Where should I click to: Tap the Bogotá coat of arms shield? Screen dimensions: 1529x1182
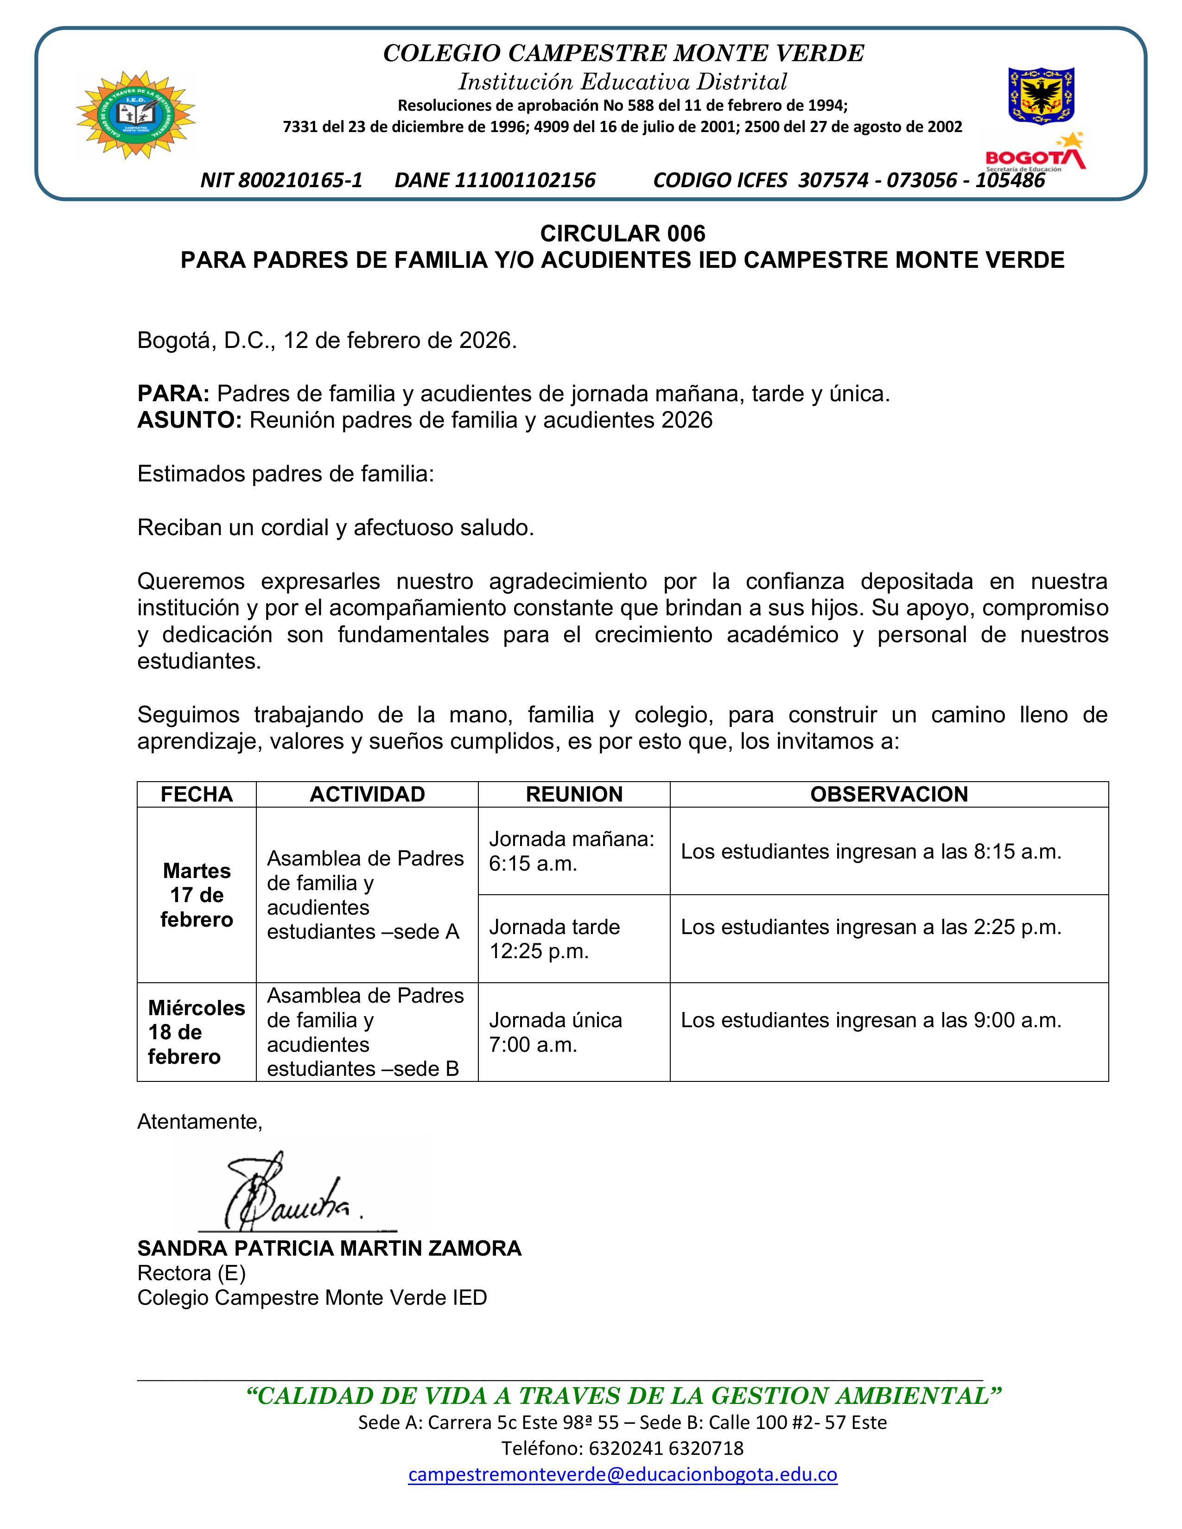(1041, 95)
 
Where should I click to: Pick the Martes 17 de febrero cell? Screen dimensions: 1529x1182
(196, 895)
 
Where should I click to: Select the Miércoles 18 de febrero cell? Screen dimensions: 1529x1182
(196, 1032)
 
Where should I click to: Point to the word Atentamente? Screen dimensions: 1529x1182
(200, 1122)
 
